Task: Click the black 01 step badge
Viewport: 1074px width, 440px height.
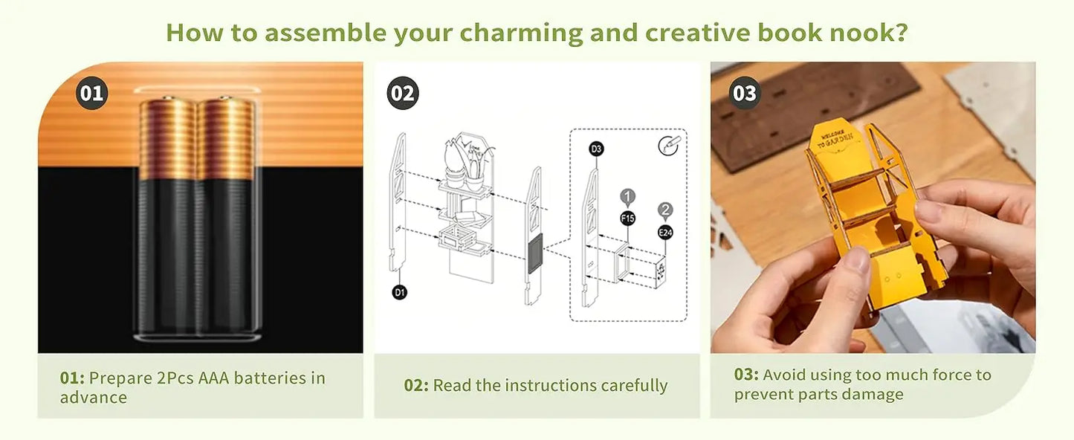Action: pyautogui.click(x=91, y=94)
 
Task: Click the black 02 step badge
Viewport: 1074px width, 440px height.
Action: pyautogui.click(x=402, y=94)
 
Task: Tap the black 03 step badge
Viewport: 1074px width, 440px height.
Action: pyautogui.click(x=744, y=94)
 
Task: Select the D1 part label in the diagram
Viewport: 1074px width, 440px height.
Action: pyautogui.click(x=400, y=293)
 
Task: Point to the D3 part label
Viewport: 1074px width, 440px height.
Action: pyautogui.click(x=596, y=149)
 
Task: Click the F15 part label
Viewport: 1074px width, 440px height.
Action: pyautogui.click(x=628, y=219)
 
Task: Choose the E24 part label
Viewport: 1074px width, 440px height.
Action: pyautogui.click(x=665, y=233)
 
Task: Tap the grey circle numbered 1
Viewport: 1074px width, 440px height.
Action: pyautogui.click(x=628, y=197)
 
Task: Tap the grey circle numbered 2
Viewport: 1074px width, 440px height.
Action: pyautogui.click(x=665, y=210)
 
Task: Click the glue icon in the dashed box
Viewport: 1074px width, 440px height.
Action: pyautogui.click(x=669, y=145)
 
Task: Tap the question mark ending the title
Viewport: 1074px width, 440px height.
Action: pyautogui.click(x=902, y=33)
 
